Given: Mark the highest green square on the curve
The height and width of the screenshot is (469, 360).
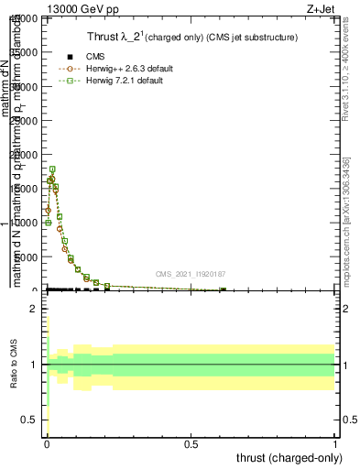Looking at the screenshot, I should (x=52, y=169).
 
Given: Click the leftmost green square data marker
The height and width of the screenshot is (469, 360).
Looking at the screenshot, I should (x=48, y=223).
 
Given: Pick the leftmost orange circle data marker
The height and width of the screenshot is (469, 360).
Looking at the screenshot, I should (x=48, y=210).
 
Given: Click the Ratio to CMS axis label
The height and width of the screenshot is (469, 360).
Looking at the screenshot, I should (x=14, y=365).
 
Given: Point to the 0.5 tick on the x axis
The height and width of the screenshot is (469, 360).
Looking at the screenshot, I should (x=191, y=444).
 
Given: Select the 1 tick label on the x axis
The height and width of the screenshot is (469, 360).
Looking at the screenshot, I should (x=335, y=444).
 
